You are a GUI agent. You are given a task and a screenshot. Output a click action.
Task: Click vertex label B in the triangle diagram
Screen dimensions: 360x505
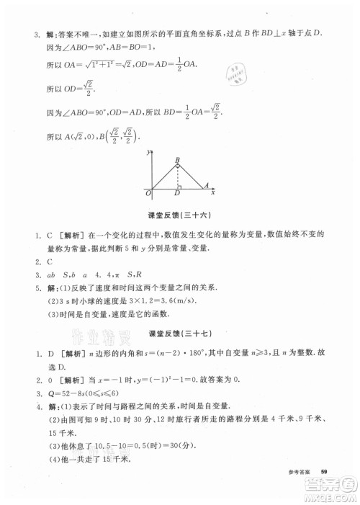[x=176, y=160]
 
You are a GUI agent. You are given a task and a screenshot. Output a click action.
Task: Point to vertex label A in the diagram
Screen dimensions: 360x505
[x=207, y=184]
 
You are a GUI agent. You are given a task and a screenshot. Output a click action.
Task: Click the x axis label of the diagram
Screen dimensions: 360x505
[x=214, y=193]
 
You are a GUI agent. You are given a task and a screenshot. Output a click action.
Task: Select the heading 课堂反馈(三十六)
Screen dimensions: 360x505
[x=179, y=215]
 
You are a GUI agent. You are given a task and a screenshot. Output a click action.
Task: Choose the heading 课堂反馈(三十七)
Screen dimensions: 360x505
[x=179, y=334]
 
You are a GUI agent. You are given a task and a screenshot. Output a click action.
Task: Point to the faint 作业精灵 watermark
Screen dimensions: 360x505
[x=89, y=333]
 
